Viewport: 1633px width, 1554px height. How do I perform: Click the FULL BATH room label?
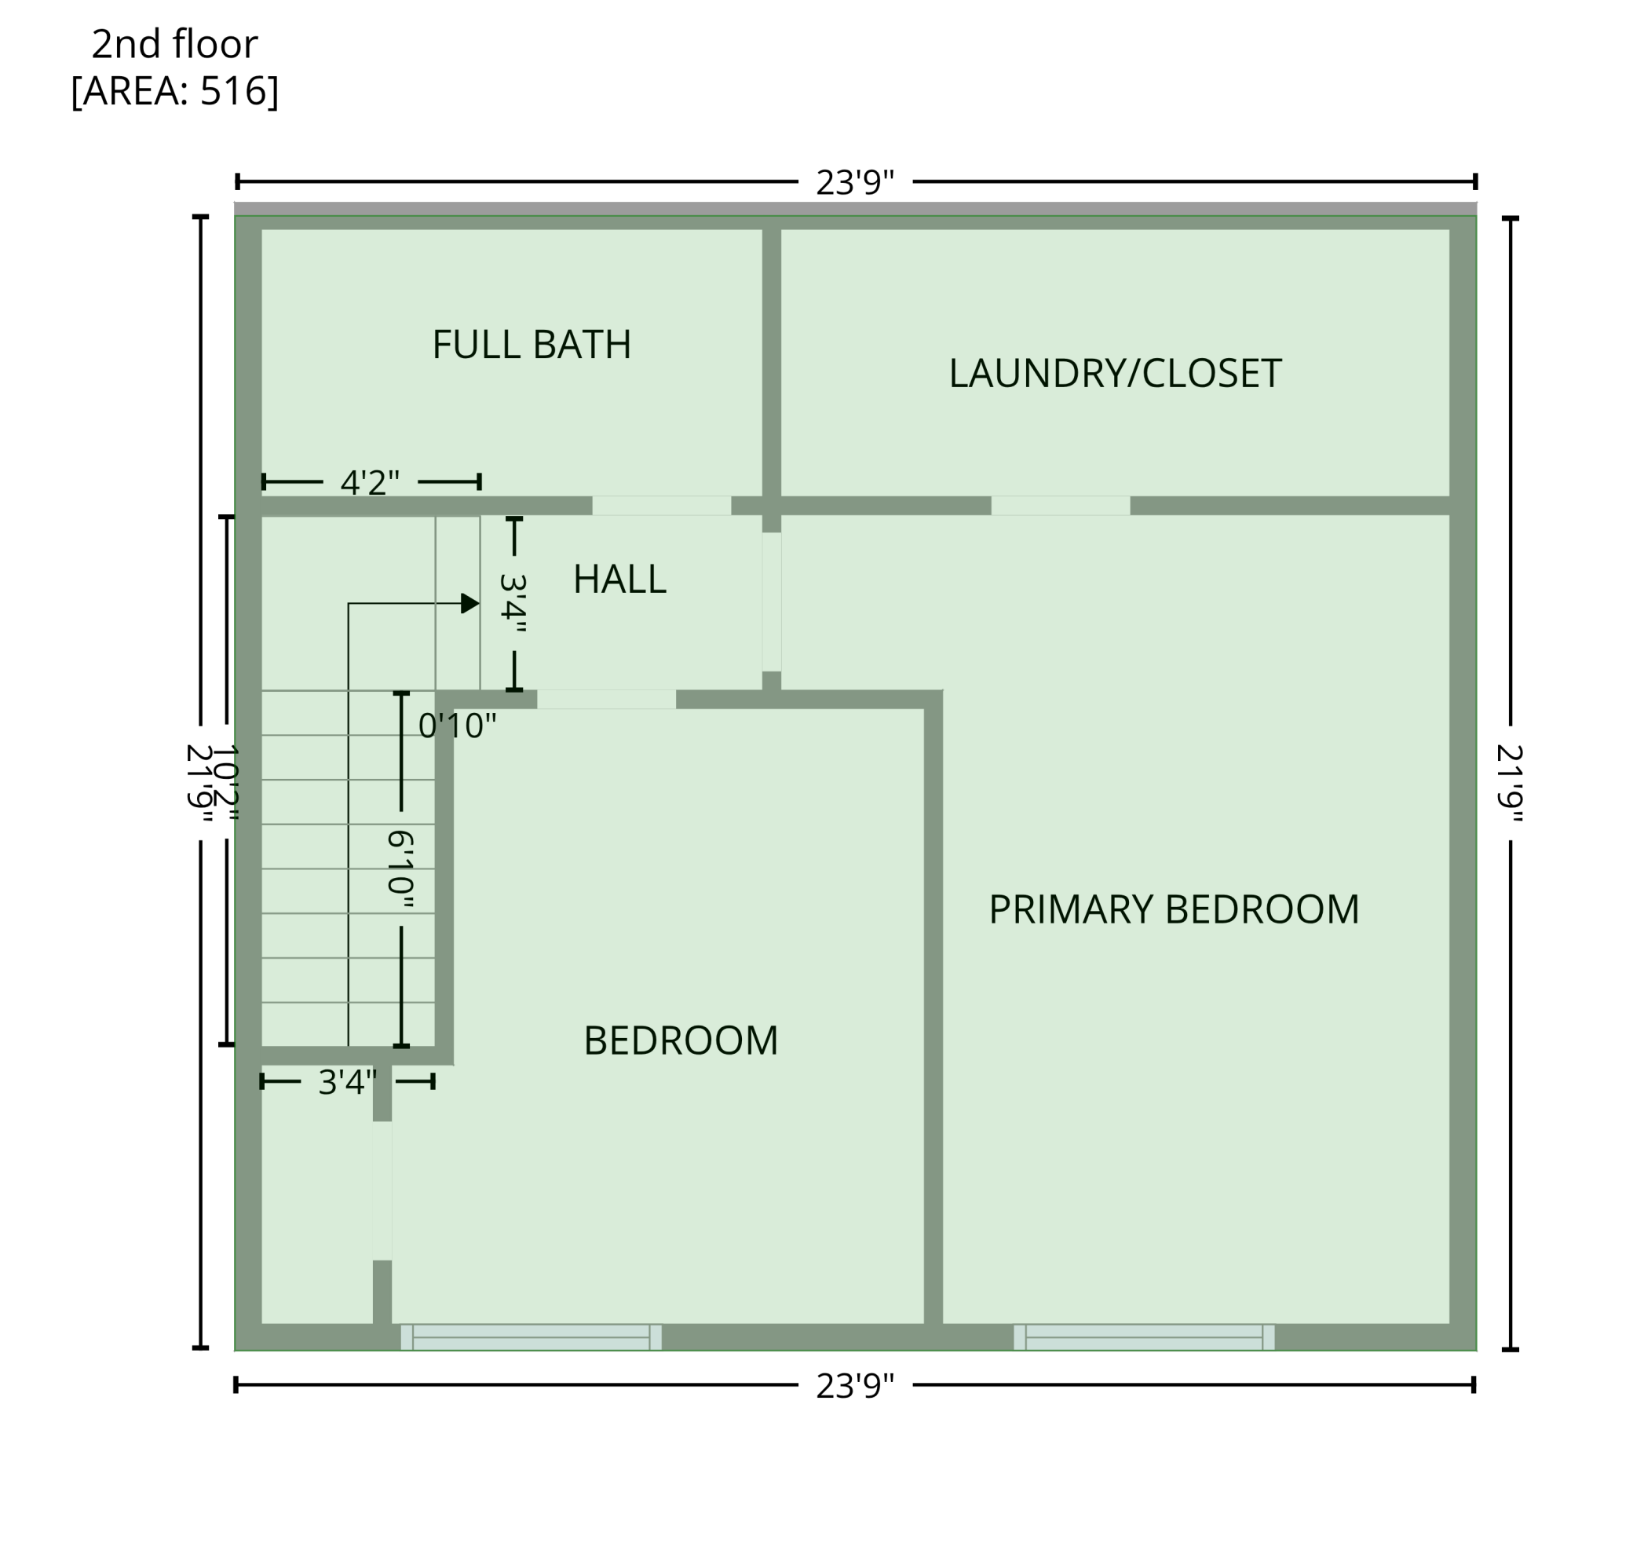click(532, 345)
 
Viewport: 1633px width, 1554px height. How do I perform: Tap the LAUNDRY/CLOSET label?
click(1115, 374)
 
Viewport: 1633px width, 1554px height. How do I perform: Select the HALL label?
click(619, 579)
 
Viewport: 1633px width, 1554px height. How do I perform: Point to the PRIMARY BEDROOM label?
click(1174, 909)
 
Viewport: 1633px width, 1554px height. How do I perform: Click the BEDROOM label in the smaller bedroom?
click(681, 1041)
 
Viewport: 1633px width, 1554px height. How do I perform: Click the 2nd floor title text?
click(174, 44)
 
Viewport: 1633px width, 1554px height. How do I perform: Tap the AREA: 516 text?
click(174, 91)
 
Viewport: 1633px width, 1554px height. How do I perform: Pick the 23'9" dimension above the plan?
click(855, 182)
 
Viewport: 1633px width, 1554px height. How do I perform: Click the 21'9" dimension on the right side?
click(1510, 783)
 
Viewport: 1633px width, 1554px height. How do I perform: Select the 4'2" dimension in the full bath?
click(369, 482)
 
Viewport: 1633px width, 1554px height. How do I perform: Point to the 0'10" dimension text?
click(457, 726)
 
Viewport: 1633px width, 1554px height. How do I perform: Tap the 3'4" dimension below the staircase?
click(347, 1083)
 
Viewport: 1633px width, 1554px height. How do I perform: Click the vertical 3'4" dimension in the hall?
click(513, 604)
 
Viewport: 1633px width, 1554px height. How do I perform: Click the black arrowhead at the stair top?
click(469, 603)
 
